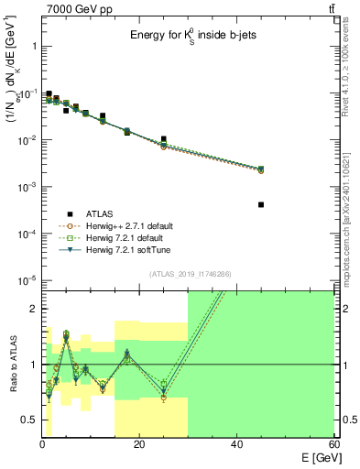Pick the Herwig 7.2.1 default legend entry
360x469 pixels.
tap(123, 237)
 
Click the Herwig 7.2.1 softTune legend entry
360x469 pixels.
tap(125, 249)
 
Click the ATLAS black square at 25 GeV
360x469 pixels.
tap(163, 139)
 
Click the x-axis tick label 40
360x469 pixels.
tap(236, 445)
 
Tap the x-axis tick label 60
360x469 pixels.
tap(333, 445)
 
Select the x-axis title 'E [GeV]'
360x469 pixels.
tap(315, 458)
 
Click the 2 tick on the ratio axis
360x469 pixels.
tap(34, 309)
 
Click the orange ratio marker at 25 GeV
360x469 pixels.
tap(163, 398)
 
